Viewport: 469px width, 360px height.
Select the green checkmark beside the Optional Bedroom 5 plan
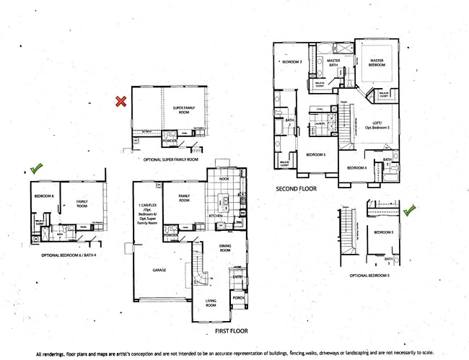tap(410, 210)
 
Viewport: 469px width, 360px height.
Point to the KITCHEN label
tap(216, 215)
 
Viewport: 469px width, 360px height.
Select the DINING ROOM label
tap(225, 247)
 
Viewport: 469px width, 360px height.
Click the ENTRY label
tap(237, 276)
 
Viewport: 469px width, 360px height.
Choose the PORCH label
tap(237, 298)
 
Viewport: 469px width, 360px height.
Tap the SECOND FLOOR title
tap(296, 188)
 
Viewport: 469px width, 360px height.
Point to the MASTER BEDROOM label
tap(376, 63)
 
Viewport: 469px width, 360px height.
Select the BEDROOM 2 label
tap(292, 62)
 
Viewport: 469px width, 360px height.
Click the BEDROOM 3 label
tap(315, 154)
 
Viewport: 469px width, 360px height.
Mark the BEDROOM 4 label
tap(356, 168)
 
